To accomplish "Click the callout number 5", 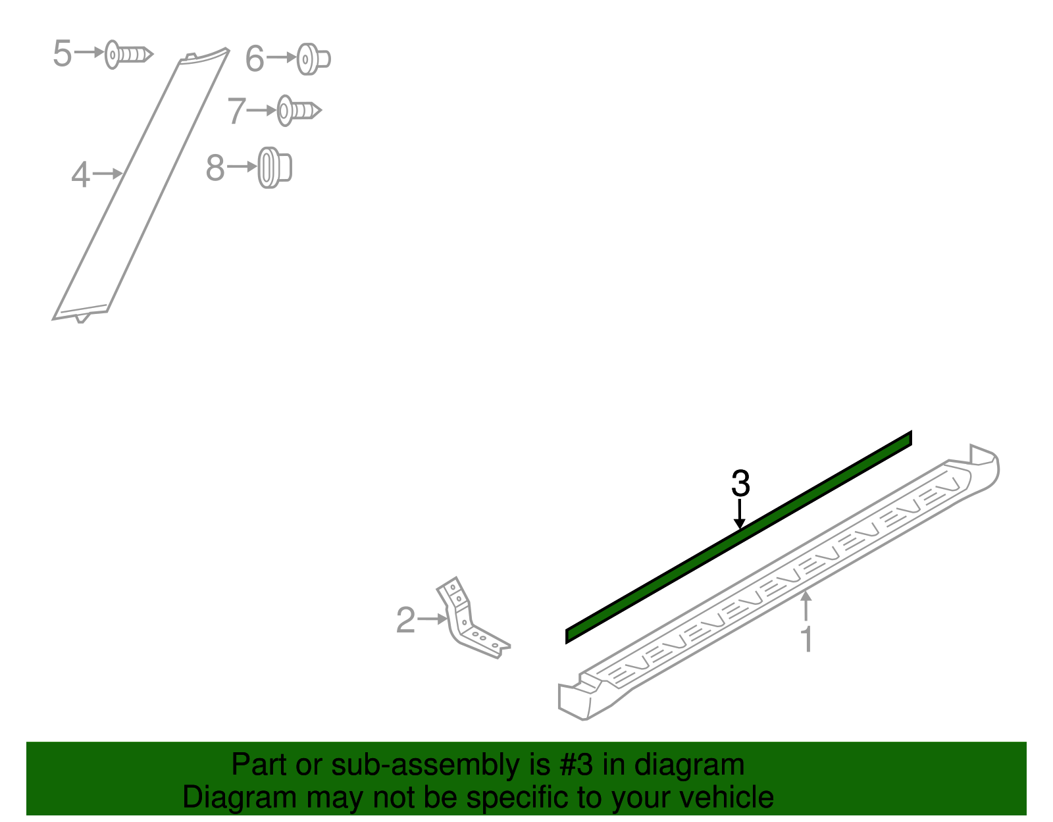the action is (62, 53).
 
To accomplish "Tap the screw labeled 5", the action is (129, 54).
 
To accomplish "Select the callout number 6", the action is (255, 59).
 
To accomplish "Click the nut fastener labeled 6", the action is (313, 59).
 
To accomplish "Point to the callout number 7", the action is (236, 111).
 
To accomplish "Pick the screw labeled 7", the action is (299, 111).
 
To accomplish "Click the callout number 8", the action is (215, 168).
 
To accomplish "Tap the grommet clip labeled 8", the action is (274, 168).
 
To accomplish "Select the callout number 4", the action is (80, 175).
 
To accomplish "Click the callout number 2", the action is (406, 620).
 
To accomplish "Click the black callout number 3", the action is (740, 483).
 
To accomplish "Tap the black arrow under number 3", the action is (740, 514).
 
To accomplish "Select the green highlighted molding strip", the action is (739, 537).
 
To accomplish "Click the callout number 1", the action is (807, 639).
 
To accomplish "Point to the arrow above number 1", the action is (806, 605).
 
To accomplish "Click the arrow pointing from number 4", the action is (107, 173).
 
